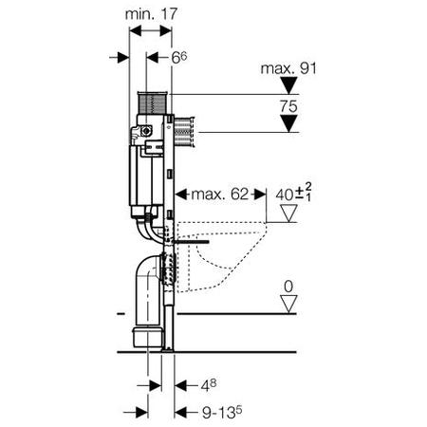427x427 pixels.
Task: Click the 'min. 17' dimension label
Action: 151,14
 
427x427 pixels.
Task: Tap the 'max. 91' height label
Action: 288,68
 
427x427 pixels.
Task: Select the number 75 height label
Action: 288,106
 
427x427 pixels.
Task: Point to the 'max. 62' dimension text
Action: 220,195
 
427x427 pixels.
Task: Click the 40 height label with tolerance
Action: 293,193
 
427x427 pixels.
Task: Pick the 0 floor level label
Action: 288,287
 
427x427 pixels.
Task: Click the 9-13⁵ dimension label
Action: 222,413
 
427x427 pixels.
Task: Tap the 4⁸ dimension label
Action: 209,385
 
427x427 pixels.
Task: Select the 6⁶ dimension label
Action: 179,57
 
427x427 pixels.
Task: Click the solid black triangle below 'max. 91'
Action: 288,85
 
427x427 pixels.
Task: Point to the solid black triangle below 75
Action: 288,123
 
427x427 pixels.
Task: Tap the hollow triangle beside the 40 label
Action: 288,213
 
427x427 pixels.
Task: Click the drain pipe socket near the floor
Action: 148,337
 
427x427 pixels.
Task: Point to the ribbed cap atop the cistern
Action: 152,102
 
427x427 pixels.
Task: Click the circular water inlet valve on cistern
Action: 146,131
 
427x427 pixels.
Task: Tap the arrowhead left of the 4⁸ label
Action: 181,385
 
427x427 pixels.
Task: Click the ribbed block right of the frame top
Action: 183,132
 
